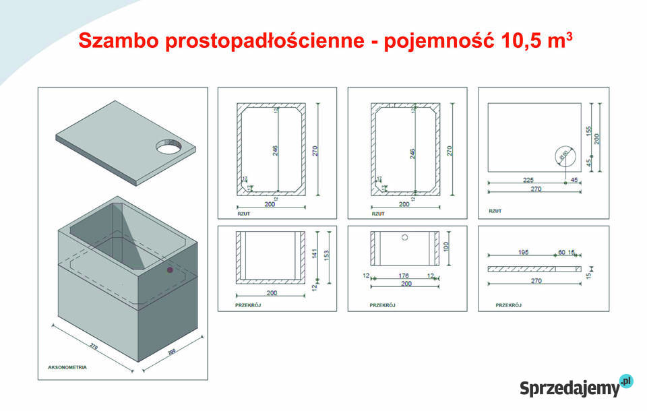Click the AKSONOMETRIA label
[67, 368]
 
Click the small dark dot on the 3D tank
[170, 270]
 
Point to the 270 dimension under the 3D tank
[94, 347]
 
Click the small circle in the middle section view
[404, 238]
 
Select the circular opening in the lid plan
[564, 157]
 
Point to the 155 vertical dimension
[589, 131]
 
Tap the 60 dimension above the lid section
[561, 253]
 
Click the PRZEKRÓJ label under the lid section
[509, 305]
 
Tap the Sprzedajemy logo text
[569, 388]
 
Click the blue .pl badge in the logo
[627, 381]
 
